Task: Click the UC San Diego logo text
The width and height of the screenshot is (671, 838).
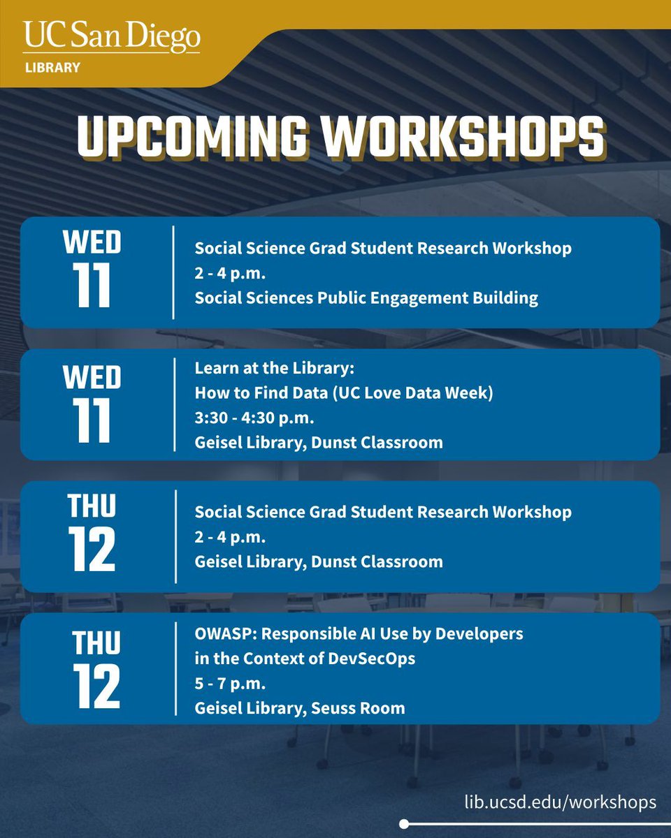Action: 112,38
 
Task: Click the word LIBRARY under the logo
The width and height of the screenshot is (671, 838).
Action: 52,68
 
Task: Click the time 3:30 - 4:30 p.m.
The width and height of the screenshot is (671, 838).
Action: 254,418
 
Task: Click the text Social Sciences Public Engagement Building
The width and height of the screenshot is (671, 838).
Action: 366,297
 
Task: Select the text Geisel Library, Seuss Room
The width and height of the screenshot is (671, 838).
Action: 300,707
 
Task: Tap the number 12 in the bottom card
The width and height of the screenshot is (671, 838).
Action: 94,687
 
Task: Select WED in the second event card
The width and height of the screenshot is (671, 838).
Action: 92,378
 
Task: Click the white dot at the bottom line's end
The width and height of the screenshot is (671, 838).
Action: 404,823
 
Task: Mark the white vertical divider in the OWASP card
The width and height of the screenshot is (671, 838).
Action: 175,668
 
